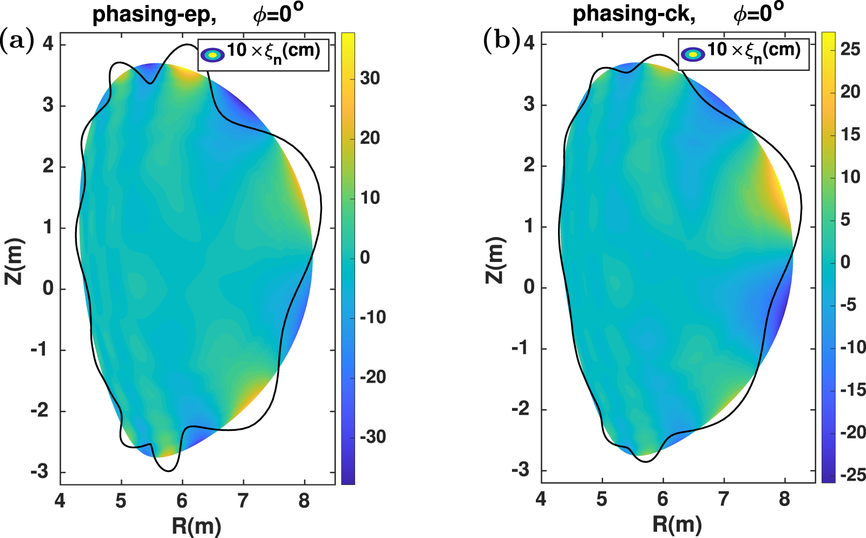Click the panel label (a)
pos(17,41)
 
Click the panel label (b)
pos(501,41)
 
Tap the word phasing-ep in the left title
pos(154,15)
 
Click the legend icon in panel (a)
pos(212,55)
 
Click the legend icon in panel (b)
pos(693,54)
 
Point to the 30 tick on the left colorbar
pos(370,78)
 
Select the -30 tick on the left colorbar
pos(373,437)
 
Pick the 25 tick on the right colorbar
pos(850,49)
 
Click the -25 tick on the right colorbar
pos(852,475)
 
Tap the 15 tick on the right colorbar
pos(850,134)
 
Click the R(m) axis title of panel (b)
pos(677,524)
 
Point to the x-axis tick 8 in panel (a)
pos(304,500)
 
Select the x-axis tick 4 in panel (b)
pos(541,499)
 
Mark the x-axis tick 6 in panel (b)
pos(663,499)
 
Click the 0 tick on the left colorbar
pos(365,258)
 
